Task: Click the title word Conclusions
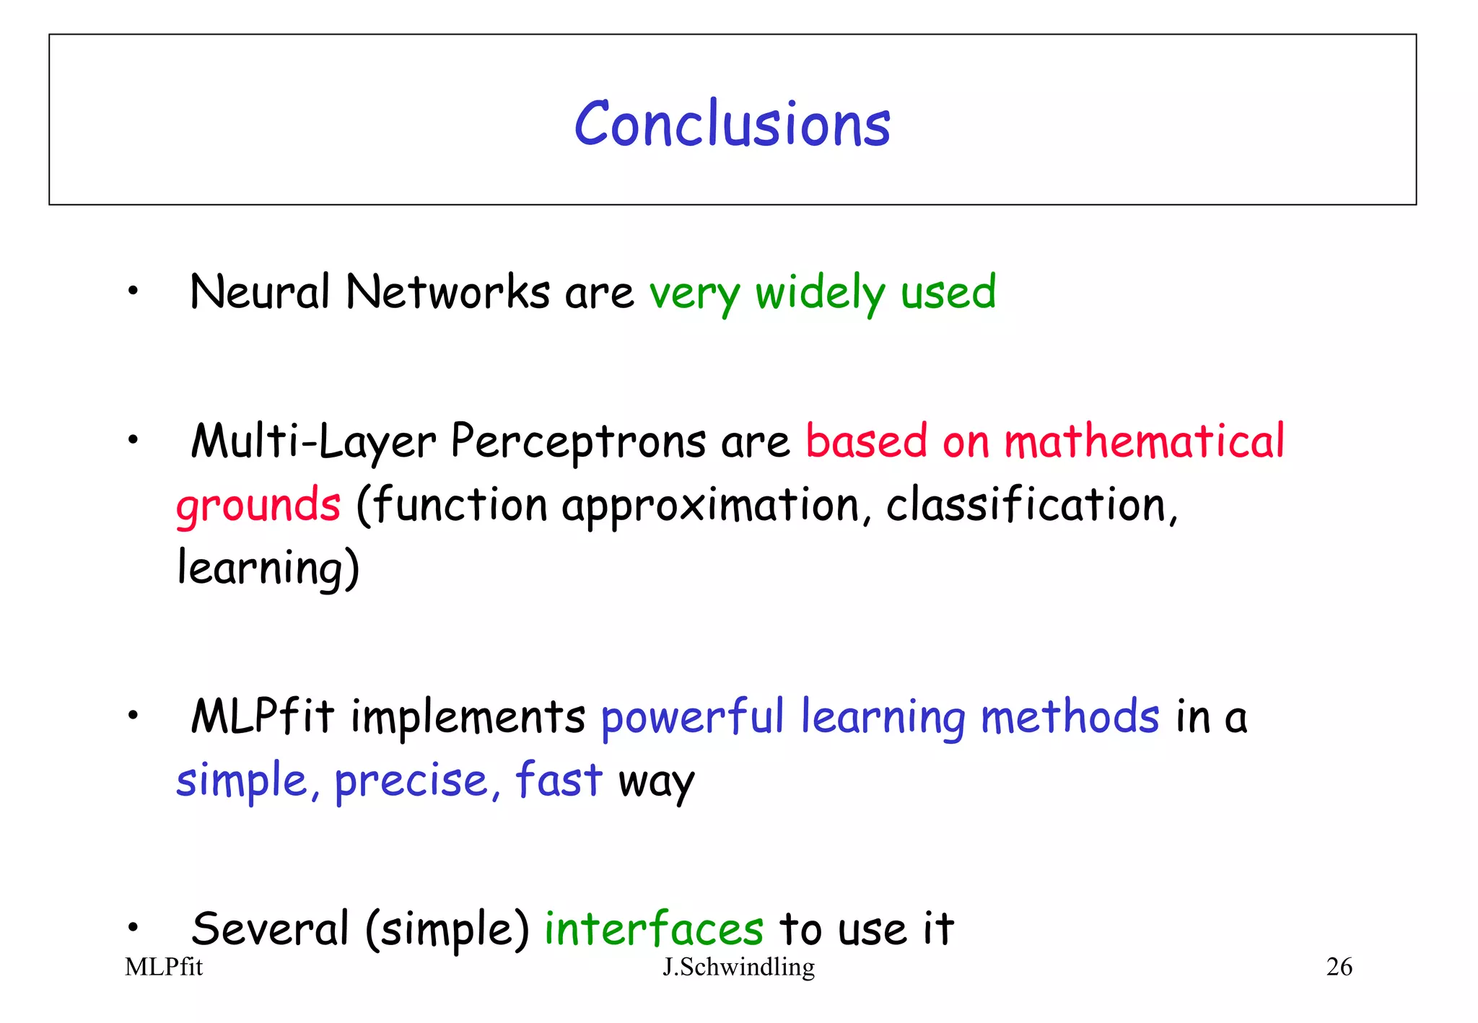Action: [732, 125]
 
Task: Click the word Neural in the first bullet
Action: [259, 292]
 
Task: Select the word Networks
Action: [447, 292]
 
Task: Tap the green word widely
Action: [820, 294]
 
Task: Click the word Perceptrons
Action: [578, 442]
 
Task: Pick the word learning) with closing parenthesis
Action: [268, 568]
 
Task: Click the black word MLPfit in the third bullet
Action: [263, 717]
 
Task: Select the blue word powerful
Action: [692, 719]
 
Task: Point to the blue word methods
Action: [1070, 717]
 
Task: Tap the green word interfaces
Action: [653, 929]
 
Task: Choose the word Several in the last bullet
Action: [271, 929]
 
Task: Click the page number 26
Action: [1339, 967]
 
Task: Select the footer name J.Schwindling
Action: [738, 967]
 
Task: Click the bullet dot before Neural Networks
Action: [132, 291]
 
